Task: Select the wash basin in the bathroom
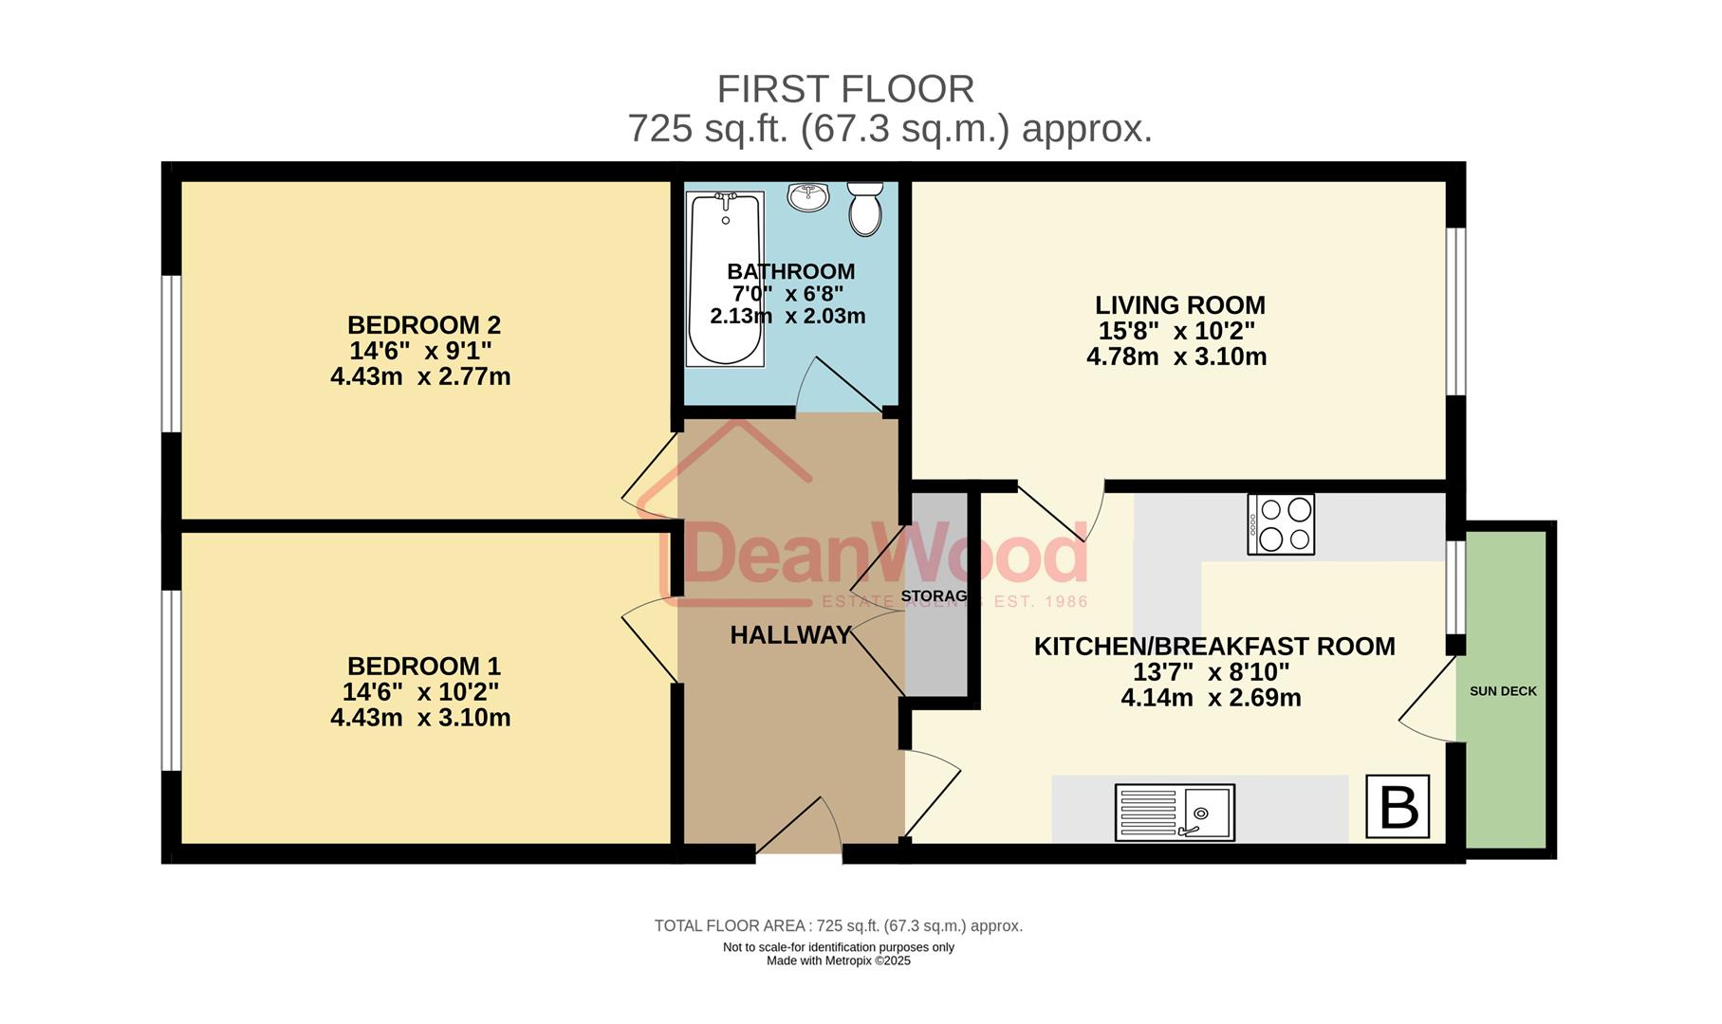tap(808, 197)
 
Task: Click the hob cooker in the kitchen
tap(1281, 524)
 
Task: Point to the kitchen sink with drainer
tap(1175, 813)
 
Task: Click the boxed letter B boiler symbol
tap(1398, 807)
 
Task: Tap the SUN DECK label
tap(1503, 691)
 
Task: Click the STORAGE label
tap(934, 596)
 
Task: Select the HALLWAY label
tap(790, 635)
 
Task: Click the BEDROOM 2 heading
tap(423, 325)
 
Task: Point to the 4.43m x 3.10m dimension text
tap(420, 718)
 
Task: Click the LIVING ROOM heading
tap(1179, 305)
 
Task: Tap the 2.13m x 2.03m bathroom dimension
tap(787, 316)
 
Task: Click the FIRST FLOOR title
tap(845, 89)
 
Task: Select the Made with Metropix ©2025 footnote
tap(839, 960)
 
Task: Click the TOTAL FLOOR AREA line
tap(839, 925)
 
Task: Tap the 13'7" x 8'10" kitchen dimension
tap(1211, 672)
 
